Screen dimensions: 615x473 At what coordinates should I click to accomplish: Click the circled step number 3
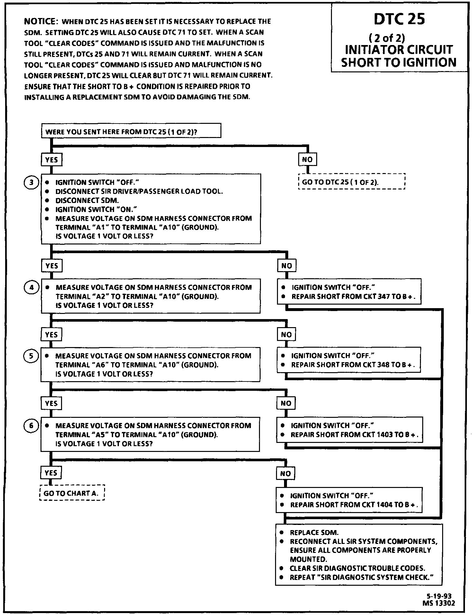coord(31,183)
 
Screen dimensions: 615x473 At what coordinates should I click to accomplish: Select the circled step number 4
coord(31,288)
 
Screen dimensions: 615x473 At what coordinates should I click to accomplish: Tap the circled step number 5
coord(31,356)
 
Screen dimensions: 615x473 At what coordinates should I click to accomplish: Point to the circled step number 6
coord(31,426)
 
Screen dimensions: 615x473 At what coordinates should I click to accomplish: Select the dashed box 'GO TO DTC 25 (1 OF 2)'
coord(351,182)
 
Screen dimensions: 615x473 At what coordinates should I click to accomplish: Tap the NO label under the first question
coord(307,160)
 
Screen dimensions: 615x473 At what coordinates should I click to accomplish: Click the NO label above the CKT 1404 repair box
coord(285,473)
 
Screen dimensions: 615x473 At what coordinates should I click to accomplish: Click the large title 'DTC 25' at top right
coord(399,19)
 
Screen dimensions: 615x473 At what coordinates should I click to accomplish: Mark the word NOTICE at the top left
coord(40,22)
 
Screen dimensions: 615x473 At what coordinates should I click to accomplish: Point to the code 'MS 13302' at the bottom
coord(439,603)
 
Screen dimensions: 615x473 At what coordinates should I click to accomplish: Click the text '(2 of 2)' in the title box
coord(387,38)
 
